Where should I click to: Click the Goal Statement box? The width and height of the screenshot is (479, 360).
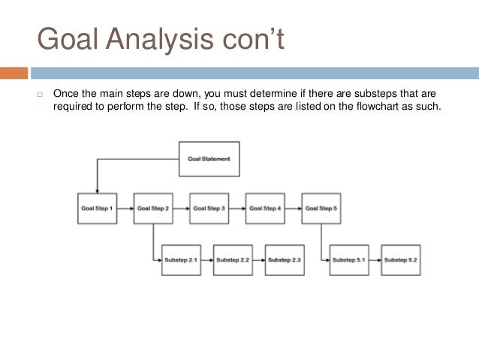pyautogui.click(x=209, y=159)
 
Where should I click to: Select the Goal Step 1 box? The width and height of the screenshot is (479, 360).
pyautogui.click(x=97, y=208)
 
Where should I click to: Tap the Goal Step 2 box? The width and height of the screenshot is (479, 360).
pyautogui.click(x=153, y=208)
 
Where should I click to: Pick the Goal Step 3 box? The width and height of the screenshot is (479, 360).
pyautogui.click(x=209, y=208)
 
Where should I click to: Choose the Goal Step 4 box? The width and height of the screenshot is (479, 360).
pyautogui.click(x=265, y=208)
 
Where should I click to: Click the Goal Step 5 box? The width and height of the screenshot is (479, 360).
pyautogui.click(x=321, y=208)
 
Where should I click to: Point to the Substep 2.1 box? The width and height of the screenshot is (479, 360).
pyautogui.click(x=181, y=260)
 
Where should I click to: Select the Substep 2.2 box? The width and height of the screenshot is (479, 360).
pyautogui.click(x=233, y=260)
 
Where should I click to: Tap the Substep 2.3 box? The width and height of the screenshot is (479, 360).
pyautogui.click(x=285, y=260)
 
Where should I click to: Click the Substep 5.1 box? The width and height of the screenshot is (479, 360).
pyautogui.click(x=349, y=260)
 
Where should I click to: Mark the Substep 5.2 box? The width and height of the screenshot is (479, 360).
pyautogui.click(x=400, y=260)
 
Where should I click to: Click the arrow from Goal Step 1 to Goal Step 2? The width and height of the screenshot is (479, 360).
pyautogui.click(x=125, y=208)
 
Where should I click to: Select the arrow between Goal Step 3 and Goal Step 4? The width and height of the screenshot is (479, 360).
pyautogui.click(x=237, y=208)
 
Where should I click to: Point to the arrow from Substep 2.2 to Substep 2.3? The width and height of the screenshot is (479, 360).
pyautogui.click(x=259, y=260)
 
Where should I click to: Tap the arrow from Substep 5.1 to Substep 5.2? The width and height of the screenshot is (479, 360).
pyautogui.click(x=375, y=260)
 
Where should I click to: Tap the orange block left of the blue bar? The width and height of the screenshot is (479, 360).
pyautogui.click(x=14, y=73)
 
